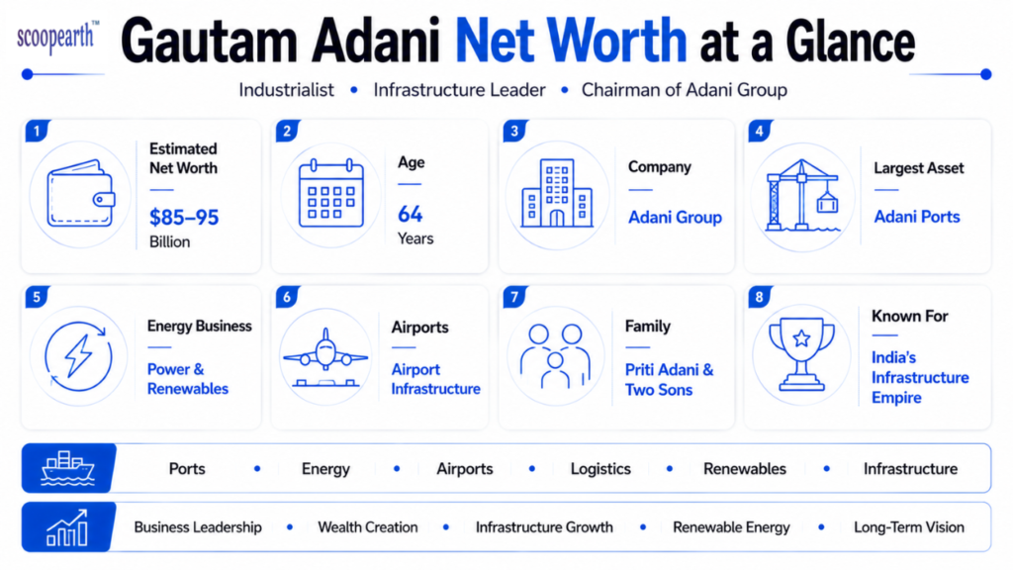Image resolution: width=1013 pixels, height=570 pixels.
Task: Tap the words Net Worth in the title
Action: [571, 41]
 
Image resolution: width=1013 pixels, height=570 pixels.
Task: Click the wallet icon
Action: [81, 193]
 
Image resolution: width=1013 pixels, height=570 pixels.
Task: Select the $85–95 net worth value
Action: [184, 217]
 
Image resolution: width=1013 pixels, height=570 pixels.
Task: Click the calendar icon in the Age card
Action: [330, 193]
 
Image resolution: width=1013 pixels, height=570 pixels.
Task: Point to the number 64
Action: [411, 214]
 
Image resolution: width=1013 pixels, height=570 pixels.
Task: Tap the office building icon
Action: [557, 193]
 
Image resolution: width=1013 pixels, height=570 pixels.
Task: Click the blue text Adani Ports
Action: [917, 217]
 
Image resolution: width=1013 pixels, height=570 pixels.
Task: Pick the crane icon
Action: [801, 195]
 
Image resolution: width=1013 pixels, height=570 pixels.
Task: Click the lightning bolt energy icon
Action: [78, 356]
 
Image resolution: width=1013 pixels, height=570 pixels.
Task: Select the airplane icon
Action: [325, 357]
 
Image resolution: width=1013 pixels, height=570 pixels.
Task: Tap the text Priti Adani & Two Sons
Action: [670, 379]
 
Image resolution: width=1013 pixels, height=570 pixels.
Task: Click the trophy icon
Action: [801, 354]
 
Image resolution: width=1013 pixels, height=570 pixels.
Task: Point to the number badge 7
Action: [514, 297]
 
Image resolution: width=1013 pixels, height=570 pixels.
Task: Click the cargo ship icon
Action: [68, 468]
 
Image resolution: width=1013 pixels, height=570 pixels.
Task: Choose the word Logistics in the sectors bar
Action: [600, 468]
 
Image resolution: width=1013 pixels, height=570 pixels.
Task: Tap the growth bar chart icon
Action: [67, 527]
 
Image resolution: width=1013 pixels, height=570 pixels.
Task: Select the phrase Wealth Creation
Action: [368, 527]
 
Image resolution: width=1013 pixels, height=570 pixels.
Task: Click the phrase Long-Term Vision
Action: [909, 527]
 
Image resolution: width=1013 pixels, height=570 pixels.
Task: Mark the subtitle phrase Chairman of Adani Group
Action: [685, 90]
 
